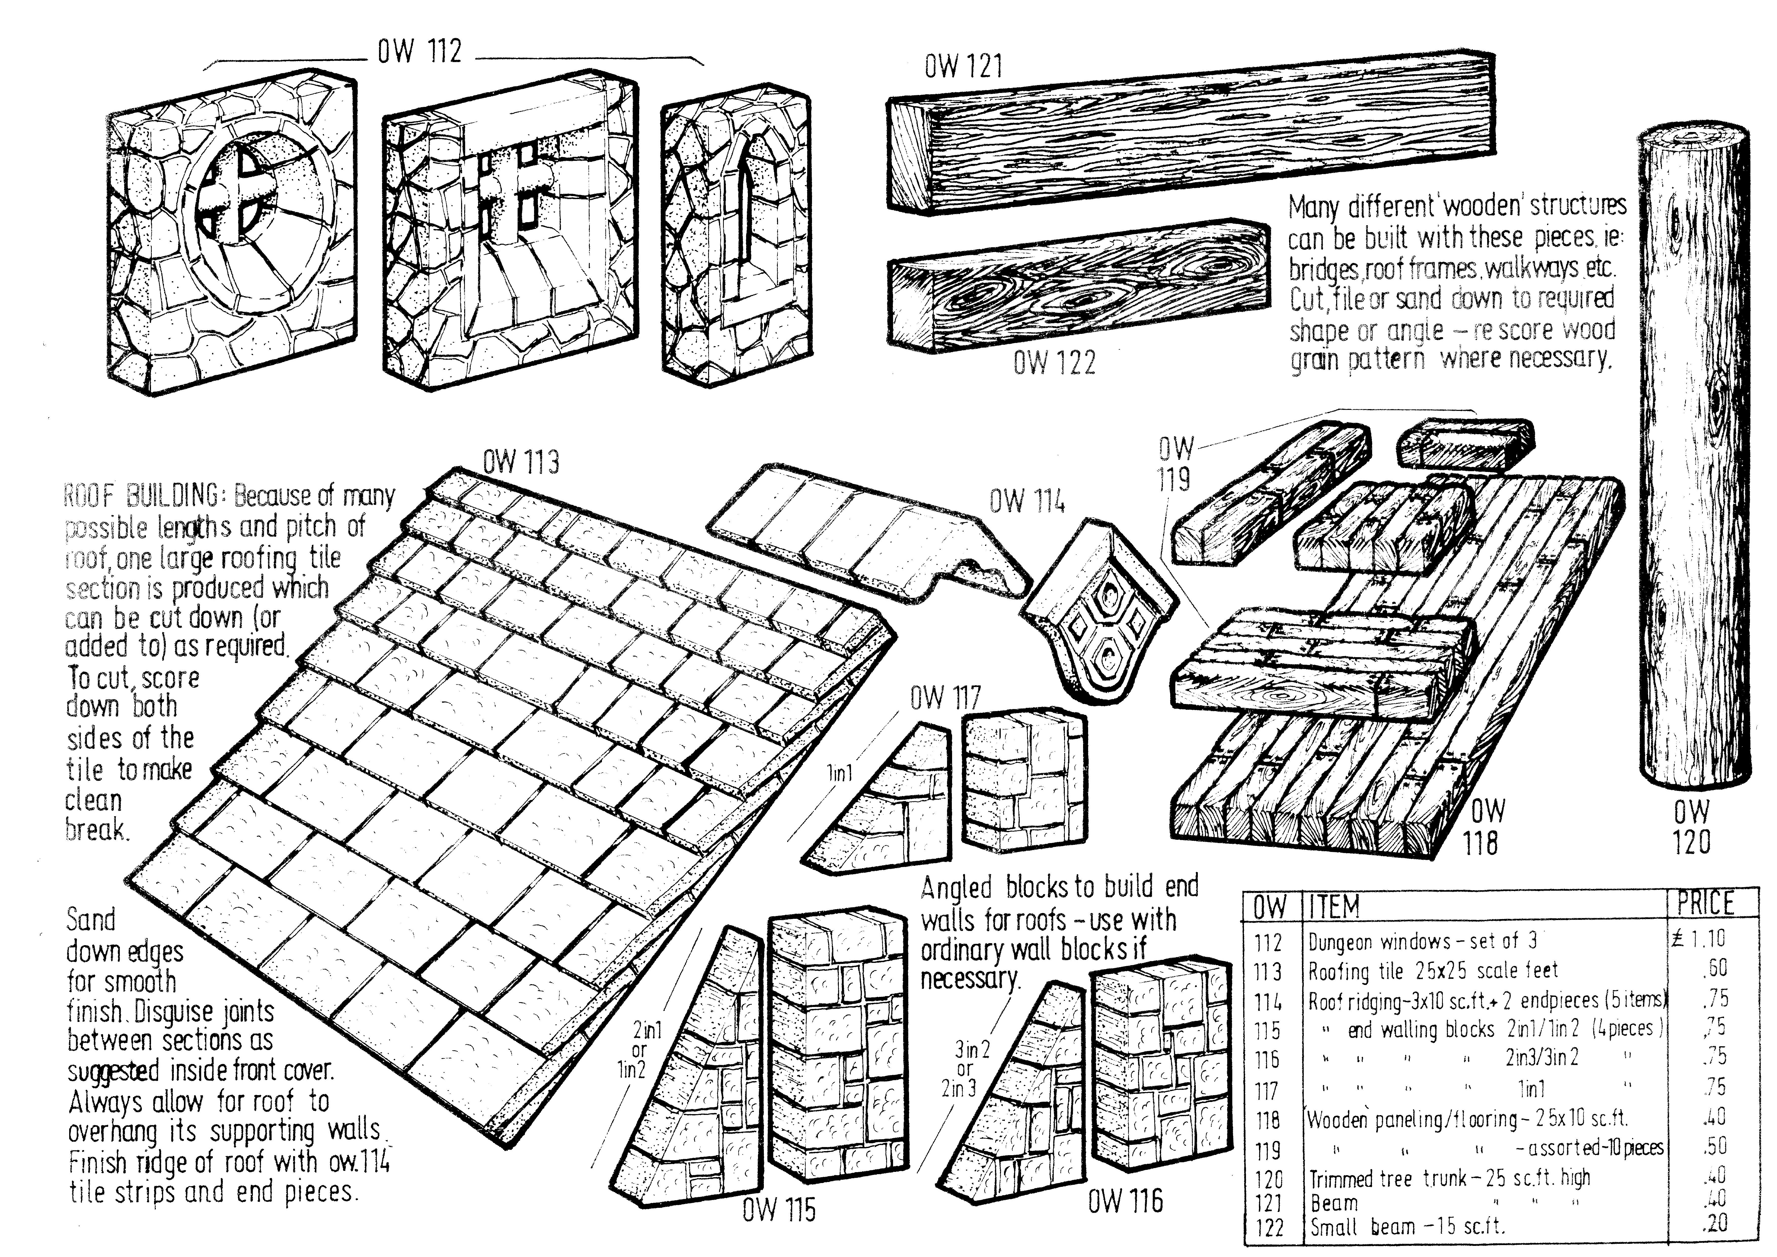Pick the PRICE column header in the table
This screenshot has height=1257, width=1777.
1705,903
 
